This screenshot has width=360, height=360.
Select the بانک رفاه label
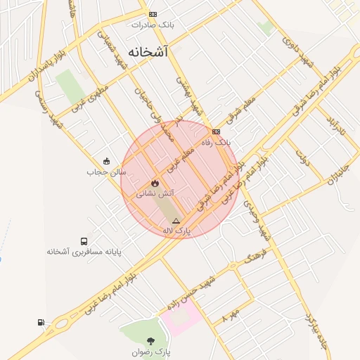point(216,142)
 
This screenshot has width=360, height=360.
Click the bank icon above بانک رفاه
point(216,131)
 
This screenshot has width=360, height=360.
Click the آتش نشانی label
point(155,192)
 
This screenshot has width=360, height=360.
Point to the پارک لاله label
point(176,230)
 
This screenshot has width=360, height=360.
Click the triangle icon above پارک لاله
point(176,221)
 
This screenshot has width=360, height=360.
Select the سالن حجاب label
point(106,172)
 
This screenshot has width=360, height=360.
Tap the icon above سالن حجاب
point(106,161)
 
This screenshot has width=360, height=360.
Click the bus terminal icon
point(84,240)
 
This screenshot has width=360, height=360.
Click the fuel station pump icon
point(41,322)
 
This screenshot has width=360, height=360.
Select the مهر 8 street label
point(231,314)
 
